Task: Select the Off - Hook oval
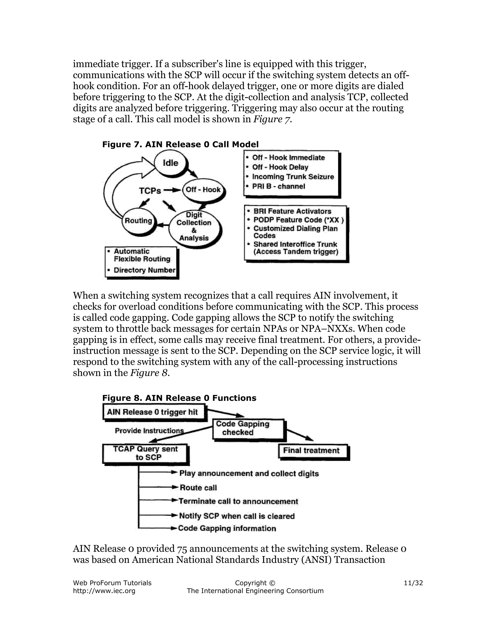(x=203, y=190)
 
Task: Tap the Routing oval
(x=138, y=221)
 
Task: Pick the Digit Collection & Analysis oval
(x=194, y=227)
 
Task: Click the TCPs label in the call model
(x=150, y=191)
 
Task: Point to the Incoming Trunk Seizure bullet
(x=293, y=177)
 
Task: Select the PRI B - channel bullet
(x=279, y=186)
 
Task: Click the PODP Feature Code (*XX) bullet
(x=298, y=220)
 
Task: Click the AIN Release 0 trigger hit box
(x=153, y=412)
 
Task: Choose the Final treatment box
(x=311, y=451)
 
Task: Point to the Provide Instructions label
(x=149, y=431)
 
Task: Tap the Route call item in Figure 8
(x=198, y=488)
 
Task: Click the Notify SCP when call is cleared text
(x=237, y=516)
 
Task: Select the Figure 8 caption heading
(x=179, y=398)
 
